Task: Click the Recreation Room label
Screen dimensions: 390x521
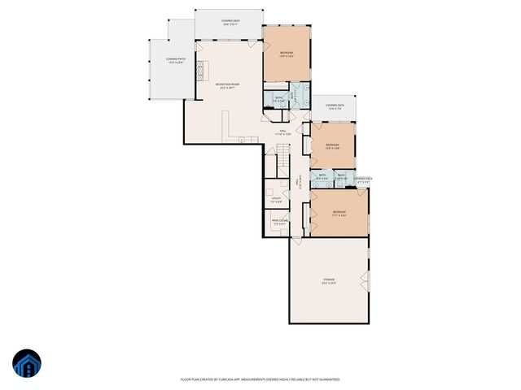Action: click(x=227, y=85)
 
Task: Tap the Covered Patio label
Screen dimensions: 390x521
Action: click(x=174, y=60)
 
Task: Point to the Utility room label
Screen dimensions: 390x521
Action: click(x=277, y=200)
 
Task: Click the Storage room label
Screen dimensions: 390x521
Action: click(x=328, y=282)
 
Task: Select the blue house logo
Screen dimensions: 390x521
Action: click(x=26, y=363)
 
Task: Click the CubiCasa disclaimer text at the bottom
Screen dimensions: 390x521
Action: click(x=260, y=379)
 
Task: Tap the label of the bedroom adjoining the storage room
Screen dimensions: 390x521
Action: click(x=339, y=214)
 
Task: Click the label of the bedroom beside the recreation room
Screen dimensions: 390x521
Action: click(x=287, y=54)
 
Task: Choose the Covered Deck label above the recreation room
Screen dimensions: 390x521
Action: click(x=230, y=22)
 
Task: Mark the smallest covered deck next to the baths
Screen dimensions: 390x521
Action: click(x=362, y=180)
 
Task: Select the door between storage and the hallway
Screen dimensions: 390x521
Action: click(x=296, y=238)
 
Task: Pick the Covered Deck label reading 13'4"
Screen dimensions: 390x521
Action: click(x=333, y=106)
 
